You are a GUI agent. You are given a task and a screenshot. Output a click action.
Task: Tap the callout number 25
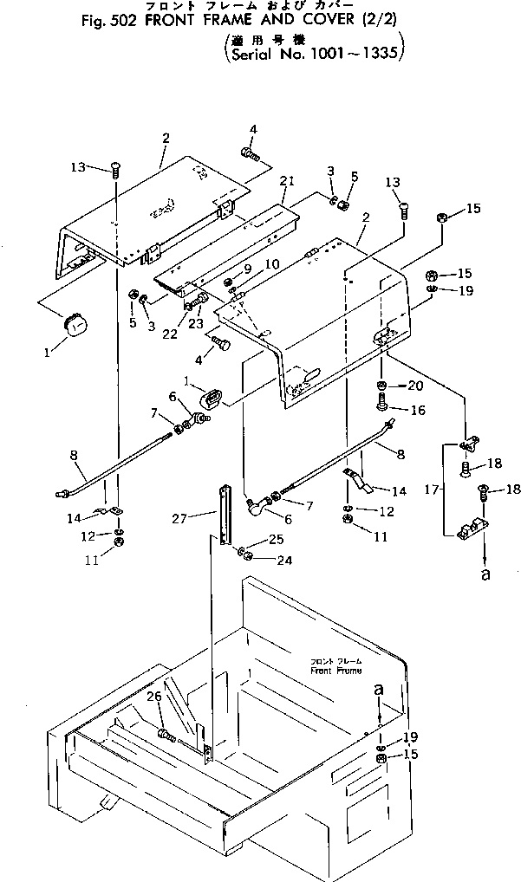[x=276, y=540]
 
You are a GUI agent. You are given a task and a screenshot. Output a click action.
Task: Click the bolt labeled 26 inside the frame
[x=167, y=736]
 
